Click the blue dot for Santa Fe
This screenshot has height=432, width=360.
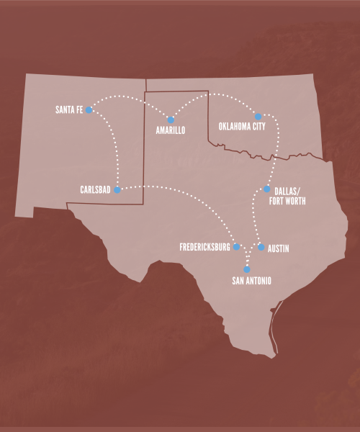coord(89,110)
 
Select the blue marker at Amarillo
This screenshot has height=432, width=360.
coord(171,120)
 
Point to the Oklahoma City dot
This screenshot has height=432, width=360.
coord(258,116)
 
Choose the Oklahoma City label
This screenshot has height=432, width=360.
coord(242,127)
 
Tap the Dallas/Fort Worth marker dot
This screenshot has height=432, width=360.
coord(266,189)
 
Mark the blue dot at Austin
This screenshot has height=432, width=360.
coord(261,247)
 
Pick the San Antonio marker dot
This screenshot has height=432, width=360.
coord(247,269)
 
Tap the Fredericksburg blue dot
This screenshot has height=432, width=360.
coord(236,247)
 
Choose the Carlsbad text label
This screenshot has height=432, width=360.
coord(95,190)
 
